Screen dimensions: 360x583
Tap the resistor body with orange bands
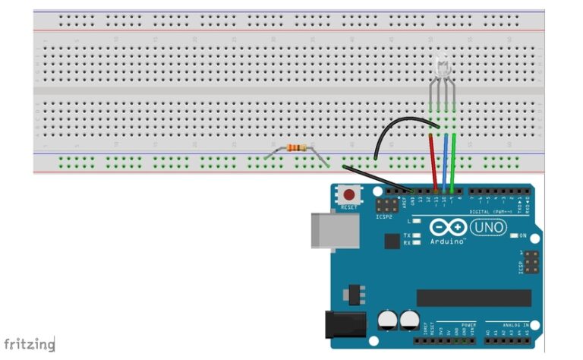[297, 148]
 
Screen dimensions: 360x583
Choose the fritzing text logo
[29, 344]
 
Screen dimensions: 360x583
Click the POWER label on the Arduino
[468, 324]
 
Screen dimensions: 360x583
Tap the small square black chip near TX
[392, 242]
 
